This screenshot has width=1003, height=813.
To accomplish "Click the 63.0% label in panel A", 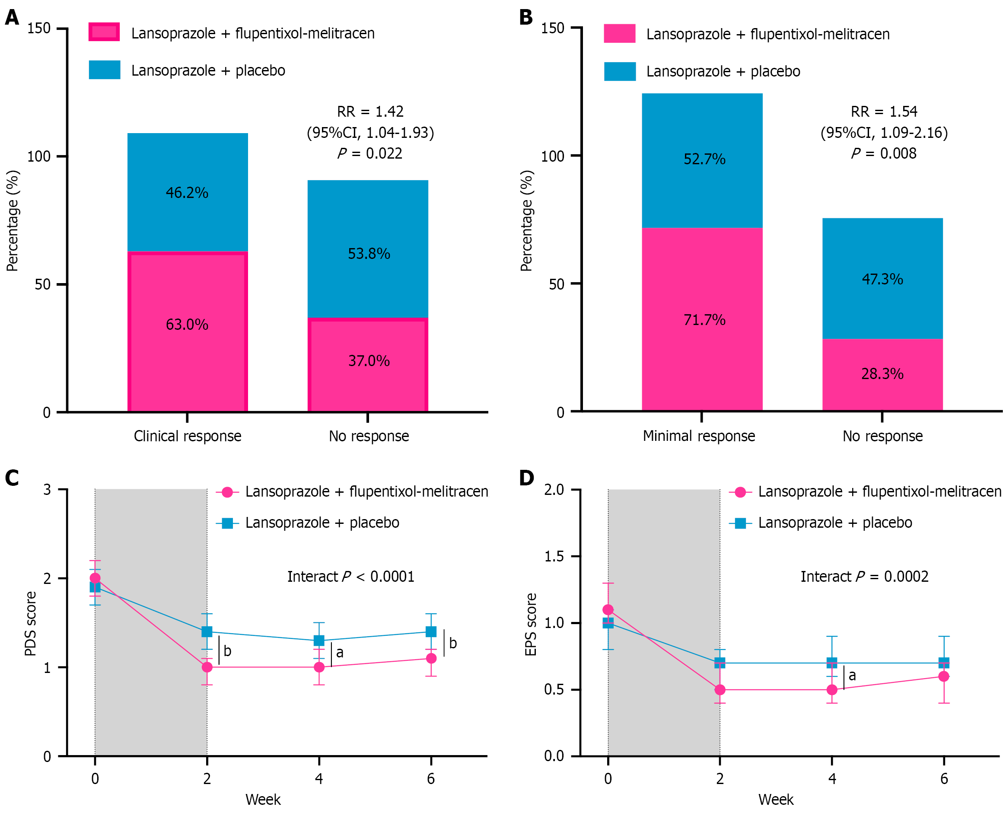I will pyautogui.click(x=187, y=325).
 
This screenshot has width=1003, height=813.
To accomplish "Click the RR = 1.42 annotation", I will pyautogui.click(x=370, y=112).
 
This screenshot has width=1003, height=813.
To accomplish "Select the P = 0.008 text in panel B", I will pyautogui.click(x=884, y=153).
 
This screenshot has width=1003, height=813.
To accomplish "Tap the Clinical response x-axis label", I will pyautogui.click(x=187, y=436).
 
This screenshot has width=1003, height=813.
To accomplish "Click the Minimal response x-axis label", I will pyautogui.click(x=699, y=436).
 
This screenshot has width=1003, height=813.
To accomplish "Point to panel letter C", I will pyautogui.click(x=12, y=478).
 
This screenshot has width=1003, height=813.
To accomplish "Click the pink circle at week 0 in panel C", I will pyautogui.click(x=95, y=578).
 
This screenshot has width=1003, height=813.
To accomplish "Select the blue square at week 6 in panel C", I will pyautogui.click(x=431, y=632).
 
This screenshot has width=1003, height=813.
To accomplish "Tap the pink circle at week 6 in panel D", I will pyautogui.click(x=943, y=676).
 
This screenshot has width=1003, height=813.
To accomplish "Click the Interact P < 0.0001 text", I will pyautogui.click(x=351, y=577).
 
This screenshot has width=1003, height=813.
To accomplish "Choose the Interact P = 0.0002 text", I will pyautogui.click(x=864, y=577).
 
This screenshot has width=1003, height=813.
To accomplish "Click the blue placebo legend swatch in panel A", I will pyautogui.click(x=105, y=70).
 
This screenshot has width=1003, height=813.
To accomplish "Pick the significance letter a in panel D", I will pyautogui.click(x=852, y=675).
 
